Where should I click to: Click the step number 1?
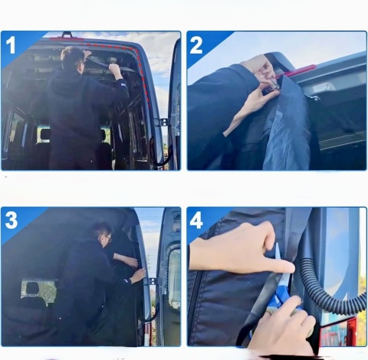point(11,45)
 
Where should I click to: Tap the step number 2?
point(196,45)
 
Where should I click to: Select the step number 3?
point(11,220)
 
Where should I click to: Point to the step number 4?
point(196,220)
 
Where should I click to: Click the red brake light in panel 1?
point(67,39)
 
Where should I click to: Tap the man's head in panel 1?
point(72,59)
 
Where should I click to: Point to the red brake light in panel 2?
point(298,71)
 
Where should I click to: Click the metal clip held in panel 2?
point(274,83)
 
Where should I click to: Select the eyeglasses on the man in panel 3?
point(108,238)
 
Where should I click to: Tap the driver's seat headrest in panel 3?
point(32,288)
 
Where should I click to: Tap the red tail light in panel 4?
point(336,332)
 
